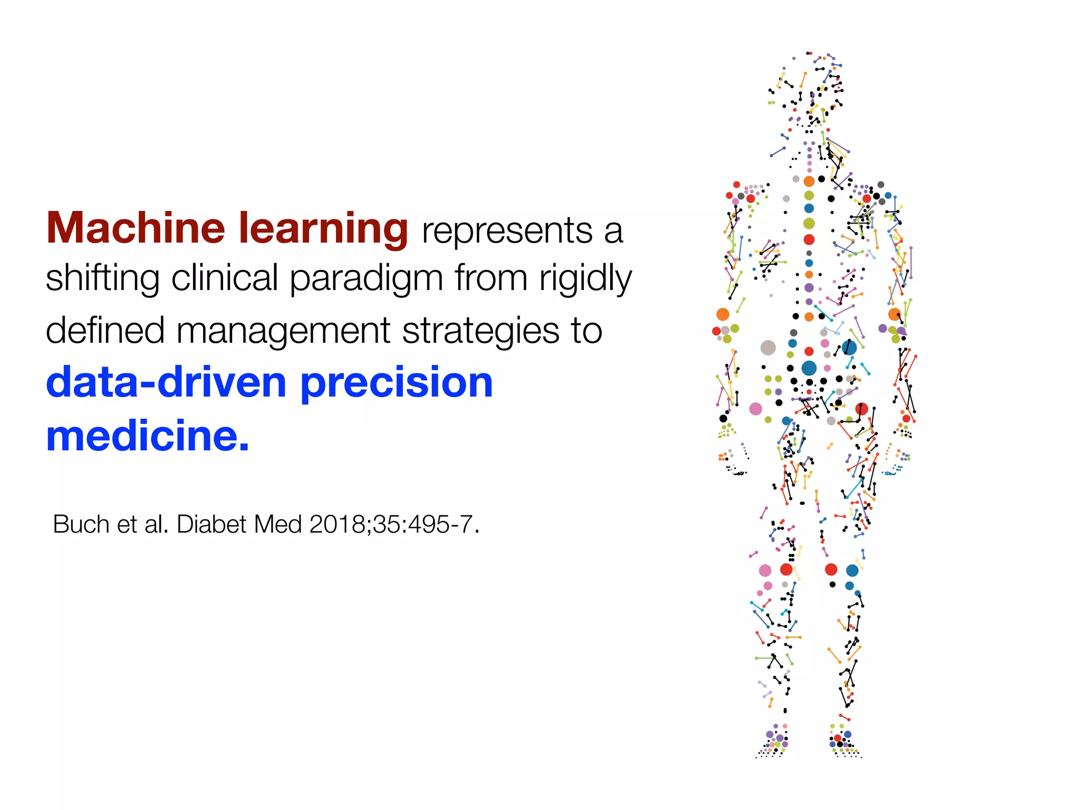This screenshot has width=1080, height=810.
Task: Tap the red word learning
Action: (323, 229)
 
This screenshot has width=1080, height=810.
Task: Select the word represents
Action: (507, 231)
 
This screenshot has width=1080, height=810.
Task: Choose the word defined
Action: (105, 331)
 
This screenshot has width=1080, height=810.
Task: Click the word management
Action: (283, 331)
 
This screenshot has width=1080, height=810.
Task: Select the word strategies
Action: (480, 331)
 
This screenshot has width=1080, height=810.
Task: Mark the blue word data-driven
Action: (166, 382)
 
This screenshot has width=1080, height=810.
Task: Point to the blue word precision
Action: (397, 382)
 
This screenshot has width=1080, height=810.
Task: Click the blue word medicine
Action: (147, 436)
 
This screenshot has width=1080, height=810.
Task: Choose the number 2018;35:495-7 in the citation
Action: (393, 525)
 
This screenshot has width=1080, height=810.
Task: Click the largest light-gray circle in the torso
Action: (768, 348)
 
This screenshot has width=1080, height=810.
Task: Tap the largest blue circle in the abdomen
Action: (809, 368)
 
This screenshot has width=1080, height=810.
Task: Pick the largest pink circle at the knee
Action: (765, 570)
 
